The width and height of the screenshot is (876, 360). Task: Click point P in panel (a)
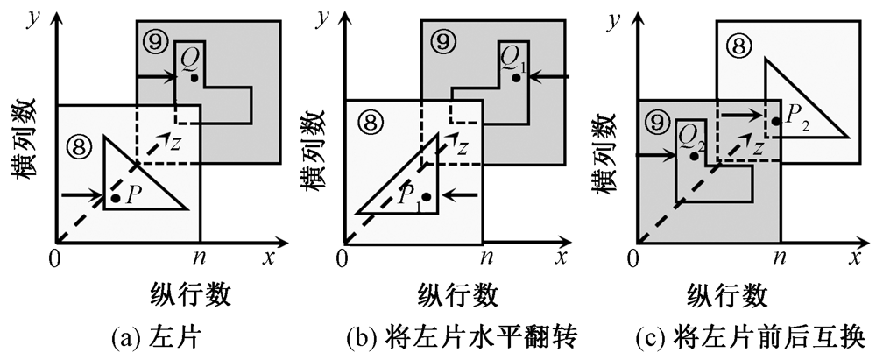click(x=116, y=199)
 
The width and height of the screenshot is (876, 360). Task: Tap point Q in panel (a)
click(x=194, y=78)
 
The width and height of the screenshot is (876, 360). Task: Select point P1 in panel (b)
click(x=426, y=196)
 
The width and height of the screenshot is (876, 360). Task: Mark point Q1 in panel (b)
click(x=517, y=78)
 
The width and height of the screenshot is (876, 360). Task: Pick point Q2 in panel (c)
click(x=694, y=155)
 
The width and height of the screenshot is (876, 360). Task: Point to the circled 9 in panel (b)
click(x=444, y=39)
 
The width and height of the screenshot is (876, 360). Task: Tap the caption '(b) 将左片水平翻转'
click(x=456, y=336)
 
